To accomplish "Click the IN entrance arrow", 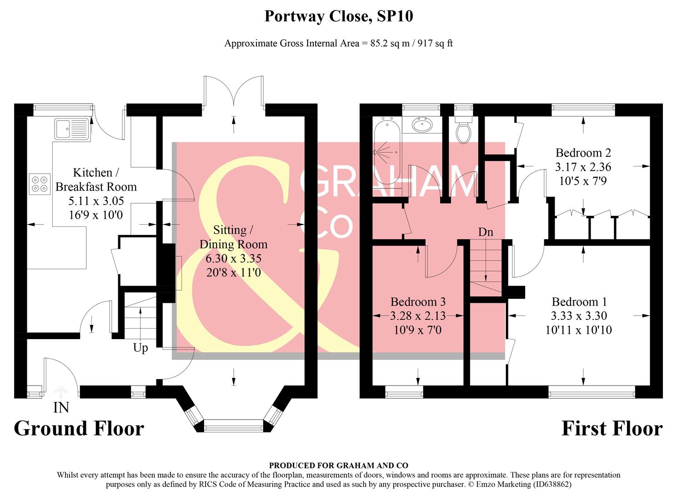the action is coord(61,391).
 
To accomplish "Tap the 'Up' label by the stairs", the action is coord(140,348).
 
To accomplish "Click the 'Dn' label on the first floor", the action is coord(486,232).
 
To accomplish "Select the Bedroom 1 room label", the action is coord(579,302).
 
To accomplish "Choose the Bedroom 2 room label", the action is coord(583,153).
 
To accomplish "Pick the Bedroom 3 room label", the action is coord(418,302).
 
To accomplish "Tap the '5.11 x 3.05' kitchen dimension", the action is coord(95,200).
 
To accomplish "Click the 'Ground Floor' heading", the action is coord(79,429).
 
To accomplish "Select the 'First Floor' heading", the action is coord(612,429).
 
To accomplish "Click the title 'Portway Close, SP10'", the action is coord(338,17).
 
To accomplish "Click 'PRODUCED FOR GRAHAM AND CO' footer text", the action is coord(338,466).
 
